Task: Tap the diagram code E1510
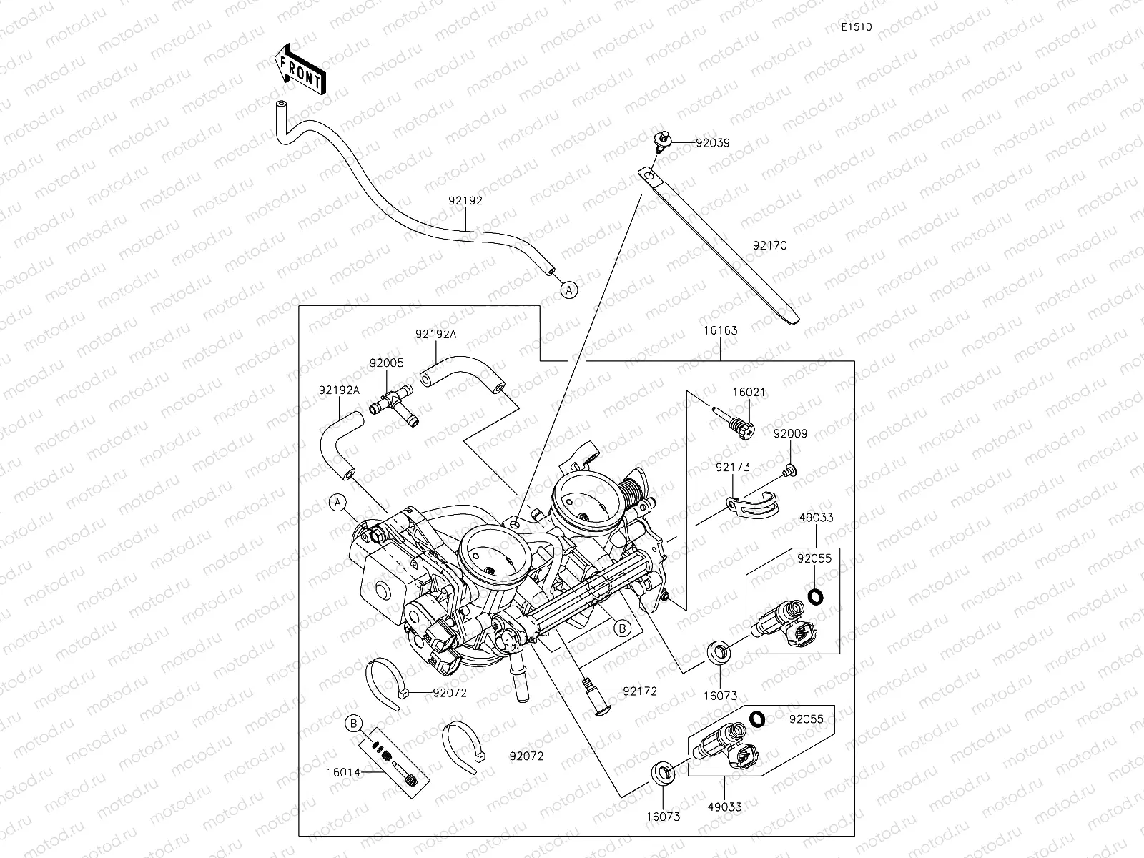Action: [856, 27]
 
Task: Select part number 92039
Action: [713, 143]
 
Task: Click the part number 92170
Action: [769, 245]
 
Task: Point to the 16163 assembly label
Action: [720, 331]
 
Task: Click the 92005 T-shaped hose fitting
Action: [394, 404]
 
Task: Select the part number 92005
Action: [386, 363]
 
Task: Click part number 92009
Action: [790, 433]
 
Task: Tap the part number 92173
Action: [733, 468]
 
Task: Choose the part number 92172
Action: [640, 691]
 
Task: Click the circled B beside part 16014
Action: [352, 724]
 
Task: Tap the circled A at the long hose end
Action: [568, 290]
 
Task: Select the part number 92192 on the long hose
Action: [465, 201]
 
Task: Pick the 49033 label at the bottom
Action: [724, 807]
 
